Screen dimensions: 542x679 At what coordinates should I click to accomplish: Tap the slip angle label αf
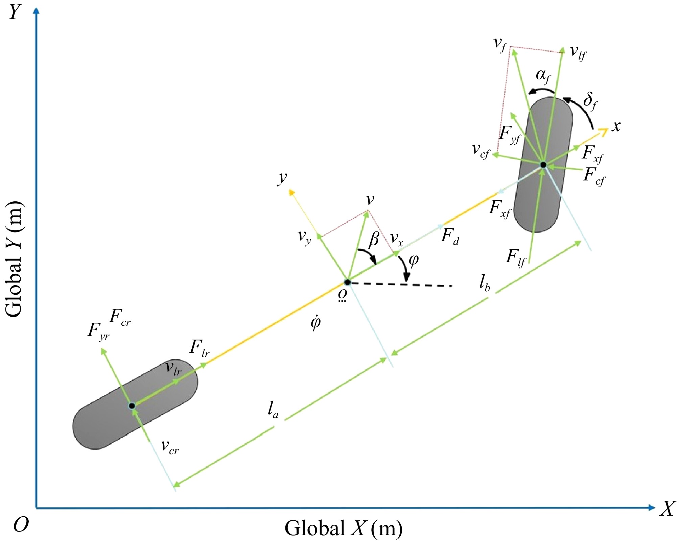[543, 77]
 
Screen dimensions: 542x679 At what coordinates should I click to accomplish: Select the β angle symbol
[374, 239]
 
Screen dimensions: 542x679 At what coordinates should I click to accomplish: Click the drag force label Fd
[450, 236]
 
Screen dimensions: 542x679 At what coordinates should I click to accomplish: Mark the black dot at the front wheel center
[543, 165]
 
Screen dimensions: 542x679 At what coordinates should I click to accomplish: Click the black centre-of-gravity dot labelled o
[347, 282]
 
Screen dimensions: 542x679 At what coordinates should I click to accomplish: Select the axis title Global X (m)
[343, 528]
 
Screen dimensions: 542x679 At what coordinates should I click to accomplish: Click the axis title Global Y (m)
[14, 260]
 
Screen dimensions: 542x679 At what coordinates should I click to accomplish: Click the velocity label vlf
[578, 53]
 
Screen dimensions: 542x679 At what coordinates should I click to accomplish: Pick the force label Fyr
[98, 331]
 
